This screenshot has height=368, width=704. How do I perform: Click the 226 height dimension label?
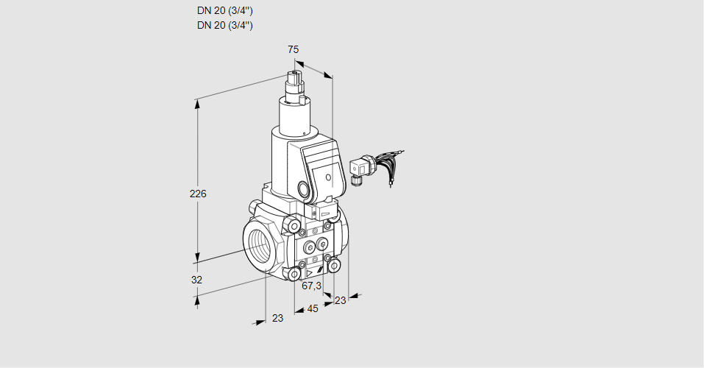[x=198, y=194]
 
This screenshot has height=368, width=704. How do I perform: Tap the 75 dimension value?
[x=293, y=49]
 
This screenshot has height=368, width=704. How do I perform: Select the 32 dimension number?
[x=196, y=280]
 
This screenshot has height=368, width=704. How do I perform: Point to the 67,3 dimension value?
[x=312, y=286]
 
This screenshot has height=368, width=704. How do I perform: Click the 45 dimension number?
[x=313, y=308]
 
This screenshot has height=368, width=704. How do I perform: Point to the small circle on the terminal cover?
[x=328, y=177]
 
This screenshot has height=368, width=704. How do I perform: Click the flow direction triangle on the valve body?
[x=309, y=272]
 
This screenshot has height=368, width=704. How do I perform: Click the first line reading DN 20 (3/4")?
[x=225, y=11]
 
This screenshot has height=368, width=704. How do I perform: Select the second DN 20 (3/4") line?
[x=225, y=25]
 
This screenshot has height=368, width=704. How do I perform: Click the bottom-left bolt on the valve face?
[x=295, y=275]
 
